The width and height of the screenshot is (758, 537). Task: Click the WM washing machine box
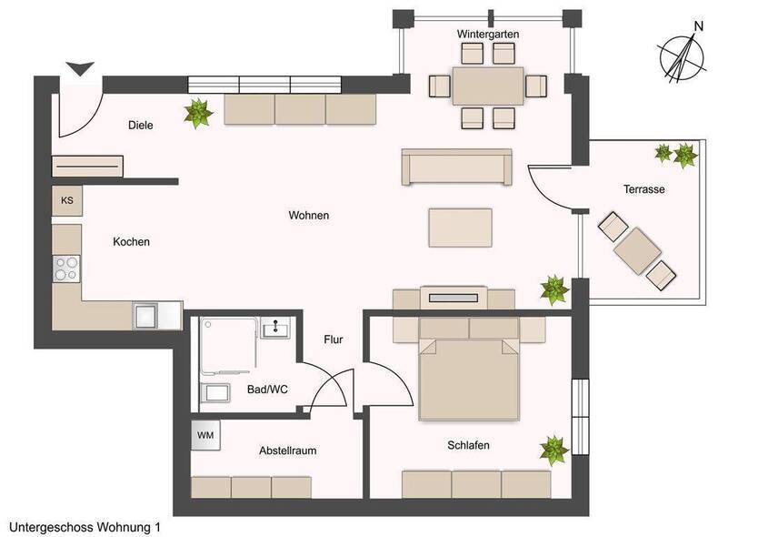coord(205,435)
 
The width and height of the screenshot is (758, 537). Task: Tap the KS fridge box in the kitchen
coord(67,200)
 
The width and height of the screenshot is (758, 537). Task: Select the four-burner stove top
coord(66,268)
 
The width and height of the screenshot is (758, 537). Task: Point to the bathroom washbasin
coord(275,328)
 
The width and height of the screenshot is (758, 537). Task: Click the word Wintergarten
coord(488,35)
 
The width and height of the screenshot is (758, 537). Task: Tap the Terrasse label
coord(643,189)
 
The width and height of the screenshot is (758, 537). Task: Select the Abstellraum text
coord(287,451)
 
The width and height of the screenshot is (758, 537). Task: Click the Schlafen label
coord(468,445)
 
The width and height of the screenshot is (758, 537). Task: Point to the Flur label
coord(334,339)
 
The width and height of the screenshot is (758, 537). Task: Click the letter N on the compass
coord(698,26)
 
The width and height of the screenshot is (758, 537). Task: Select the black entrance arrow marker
coord(80,69)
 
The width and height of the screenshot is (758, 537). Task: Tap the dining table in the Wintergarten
coord(488,86)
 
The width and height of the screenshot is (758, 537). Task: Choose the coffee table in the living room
coord(460,228)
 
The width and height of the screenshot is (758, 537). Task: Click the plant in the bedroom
coord(554,450)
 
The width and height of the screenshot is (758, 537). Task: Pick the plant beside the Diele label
coord(198,114)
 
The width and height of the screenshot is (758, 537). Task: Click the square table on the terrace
coord(637,251)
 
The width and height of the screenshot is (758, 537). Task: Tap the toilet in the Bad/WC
coord(215,392)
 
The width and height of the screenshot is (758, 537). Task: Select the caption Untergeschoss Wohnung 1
coord(85,527)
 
